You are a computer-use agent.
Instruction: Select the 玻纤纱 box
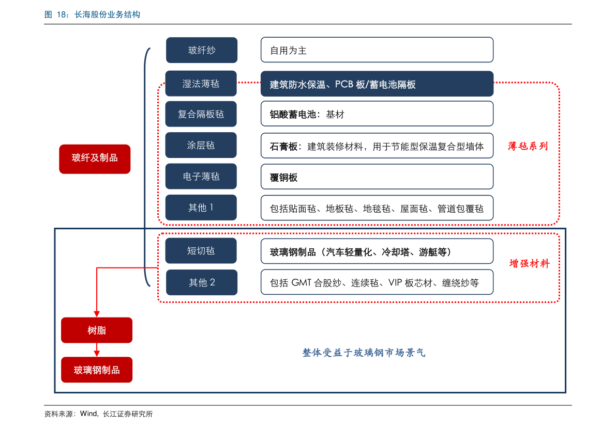[202, 50]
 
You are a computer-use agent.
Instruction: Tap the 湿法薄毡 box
[201, 84]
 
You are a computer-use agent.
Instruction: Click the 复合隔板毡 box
[201, 114]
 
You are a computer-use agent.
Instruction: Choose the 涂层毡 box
[201, 145]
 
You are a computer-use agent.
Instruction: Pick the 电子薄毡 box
[201, 177]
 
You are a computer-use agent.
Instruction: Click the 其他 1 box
[201, 208]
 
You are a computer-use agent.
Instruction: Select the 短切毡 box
[201, 251]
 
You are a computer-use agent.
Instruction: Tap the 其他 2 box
[202, 282]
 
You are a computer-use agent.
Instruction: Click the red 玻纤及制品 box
[95, 158]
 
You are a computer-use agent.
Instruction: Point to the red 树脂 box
[97, 330]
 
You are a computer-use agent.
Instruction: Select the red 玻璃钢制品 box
[97, 370]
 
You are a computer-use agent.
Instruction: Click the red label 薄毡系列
[528, 146]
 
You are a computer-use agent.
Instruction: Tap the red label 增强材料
[529, 264]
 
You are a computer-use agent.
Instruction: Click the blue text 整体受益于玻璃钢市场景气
[364, 353]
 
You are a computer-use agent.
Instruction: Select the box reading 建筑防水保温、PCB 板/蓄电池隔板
[377, 84]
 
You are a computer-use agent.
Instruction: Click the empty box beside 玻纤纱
[377, 50]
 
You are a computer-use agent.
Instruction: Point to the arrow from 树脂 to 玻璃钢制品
[97, 351]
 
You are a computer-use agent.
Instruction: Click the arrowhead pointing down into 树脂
[97, 313]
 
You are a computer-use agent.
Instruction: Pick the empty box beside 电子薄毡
[377, 177]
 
